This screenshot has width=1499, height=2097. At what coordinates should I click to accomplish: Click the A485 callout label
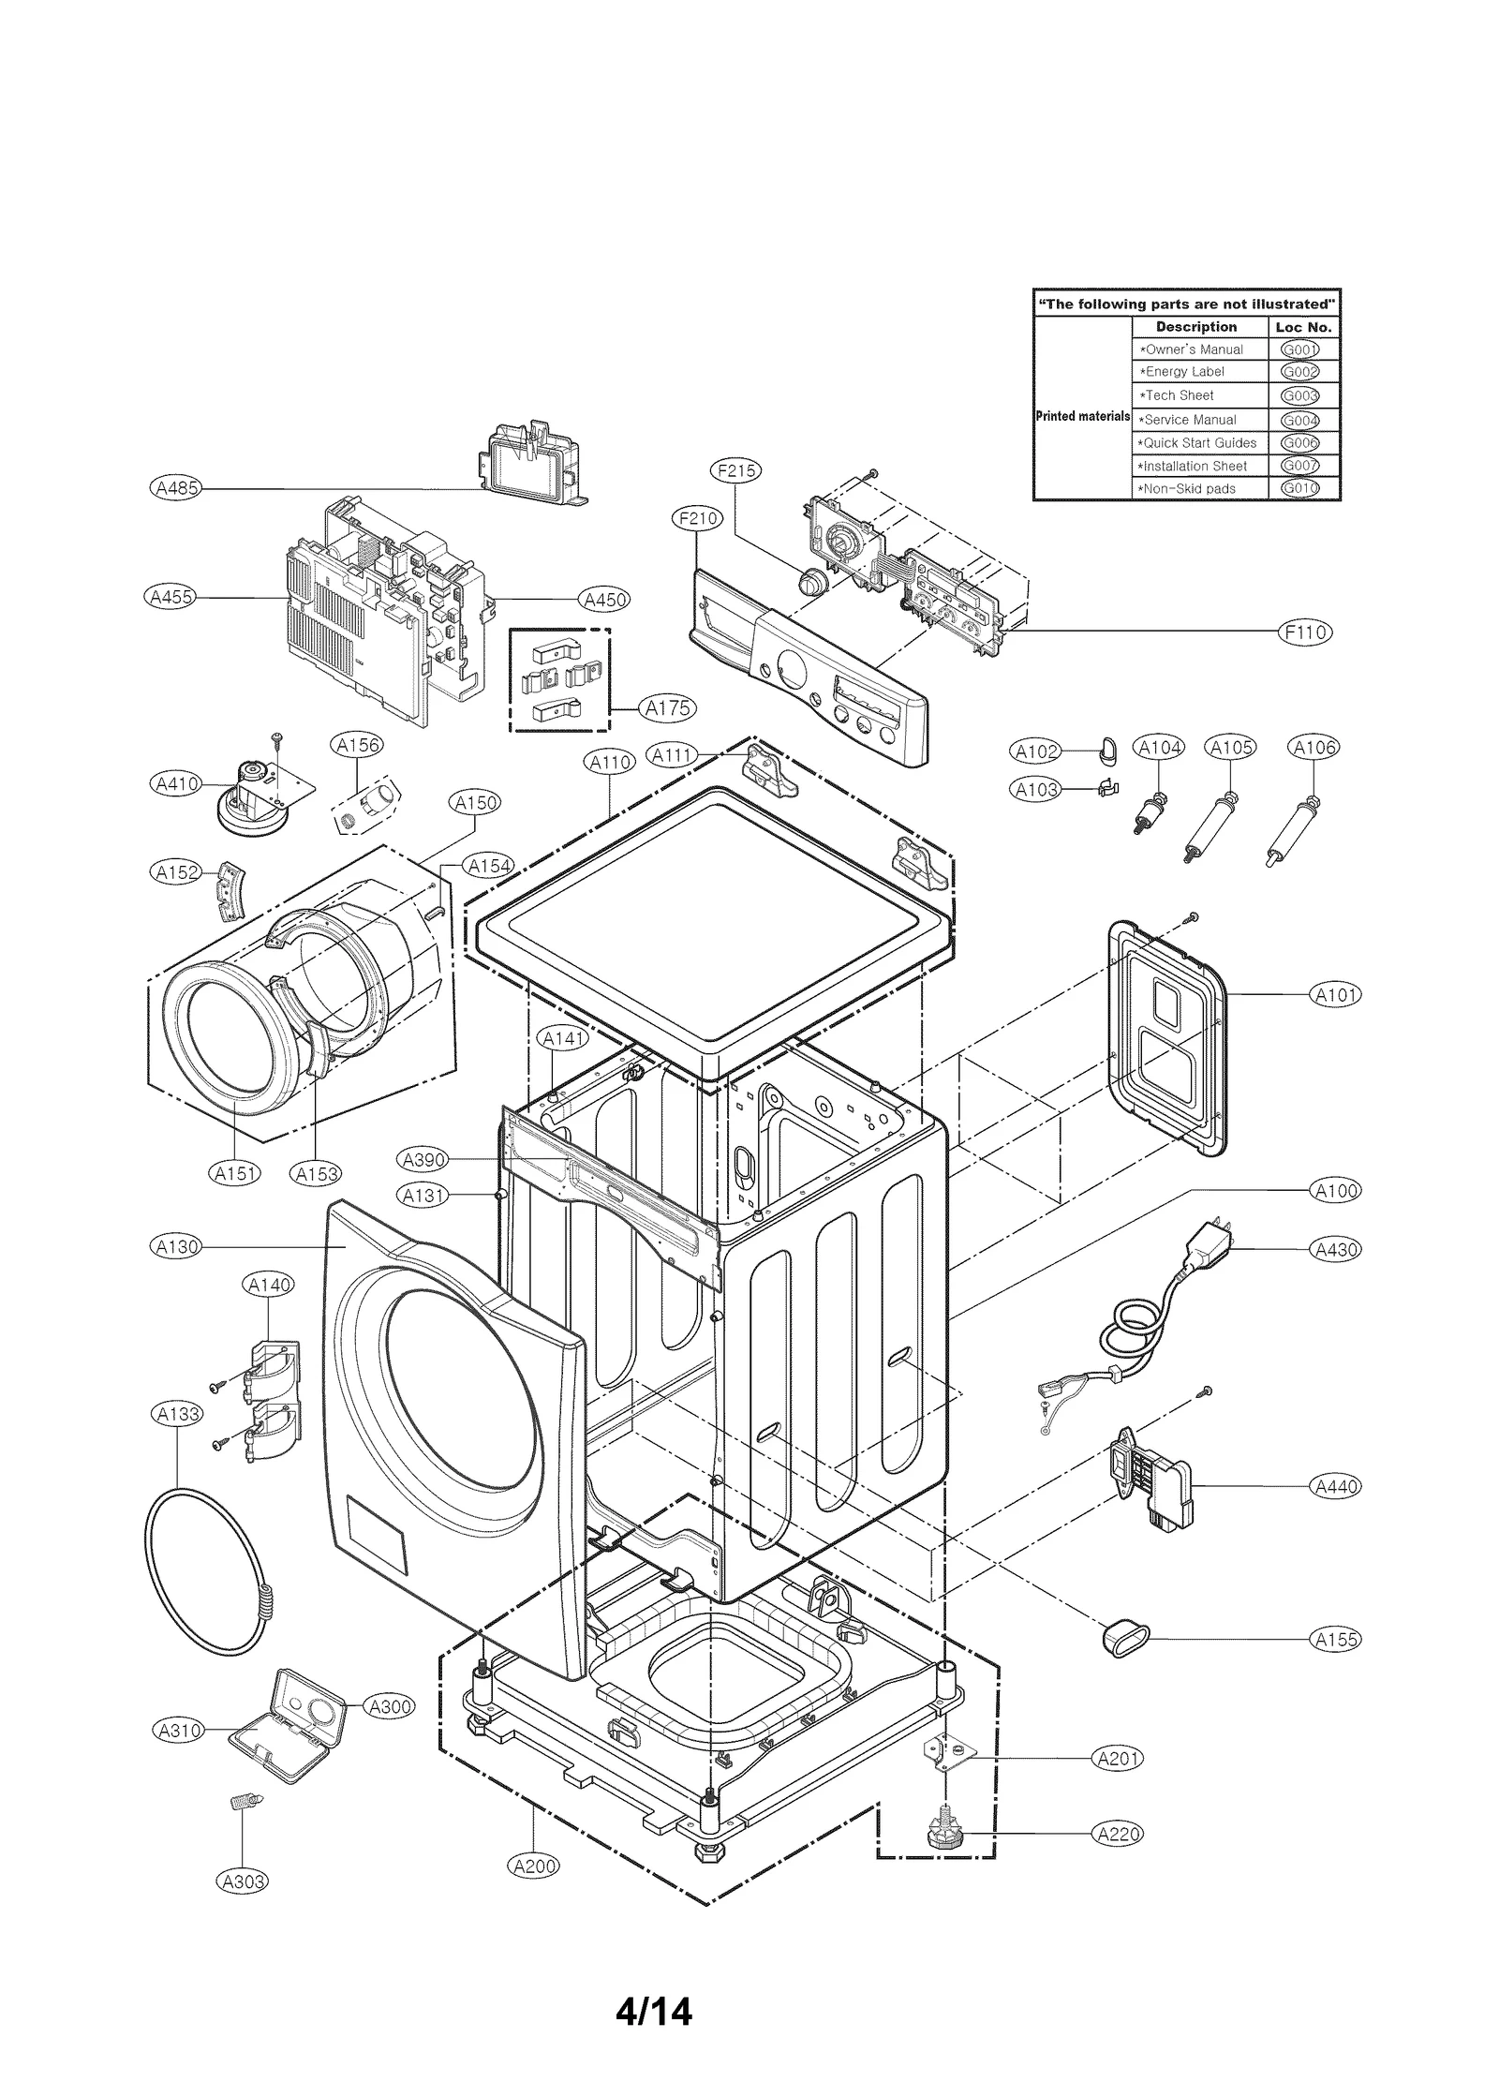coord(176,488)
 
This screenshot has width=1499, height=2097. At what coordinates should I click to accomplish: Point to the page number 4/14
coord(653,2011)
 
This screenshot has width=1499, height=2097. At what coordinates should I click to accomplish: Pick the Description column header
coord(1195,327)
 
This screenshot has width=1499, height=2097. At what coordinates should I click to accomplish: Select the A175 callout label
coord(668,708)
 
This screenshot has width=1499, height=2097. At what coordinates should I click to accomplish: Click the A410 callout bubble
coord(176,783)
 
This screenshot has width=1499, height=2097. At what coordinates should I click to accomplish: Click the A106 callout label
coord(1313,747)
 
